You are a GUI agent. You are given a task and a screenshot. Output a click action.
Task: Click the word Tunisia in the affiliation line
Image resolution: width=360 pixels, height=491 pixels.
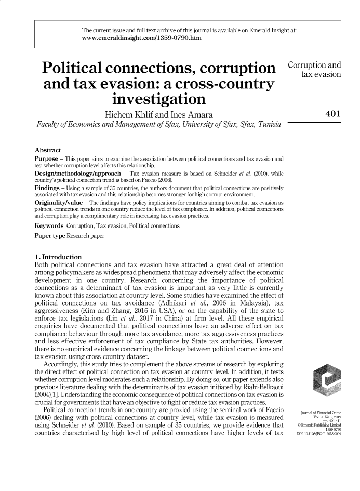264,126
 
